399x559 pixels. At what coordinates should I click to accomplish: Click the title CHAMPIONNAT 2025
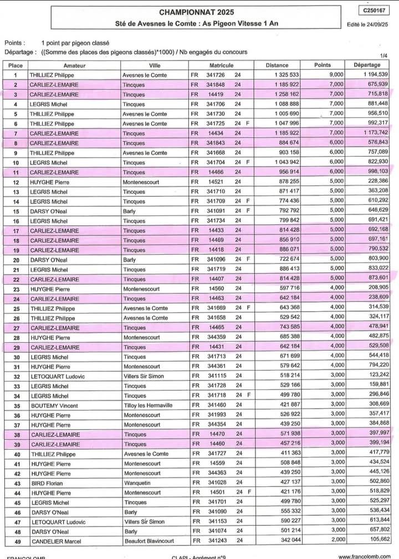pyautogui.click(x=197, y=12)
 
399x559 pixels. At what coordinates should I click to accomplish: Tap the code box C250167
pyautogui.click(x=375, y=11)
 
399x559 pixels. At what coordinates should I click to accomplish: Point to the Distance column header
pyautogui.click(x=277, y=65)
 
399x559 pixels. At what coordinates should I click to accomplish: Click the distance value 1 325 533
pyautogui.click(x=286, y=75)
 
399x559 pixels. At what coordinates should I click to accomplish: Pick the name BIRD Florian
pyautogui.click(x=47, y=483)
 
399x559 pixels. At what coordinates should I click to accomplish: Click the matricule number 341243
pyautogui.click(x=216, y=541)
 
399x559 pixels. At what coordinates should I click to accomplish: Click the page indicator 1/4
pyautogui.click(x=384, y=56)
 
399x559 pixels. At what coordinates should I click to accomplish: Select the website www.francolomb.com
pyautogui.click(x=364, y=556)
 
